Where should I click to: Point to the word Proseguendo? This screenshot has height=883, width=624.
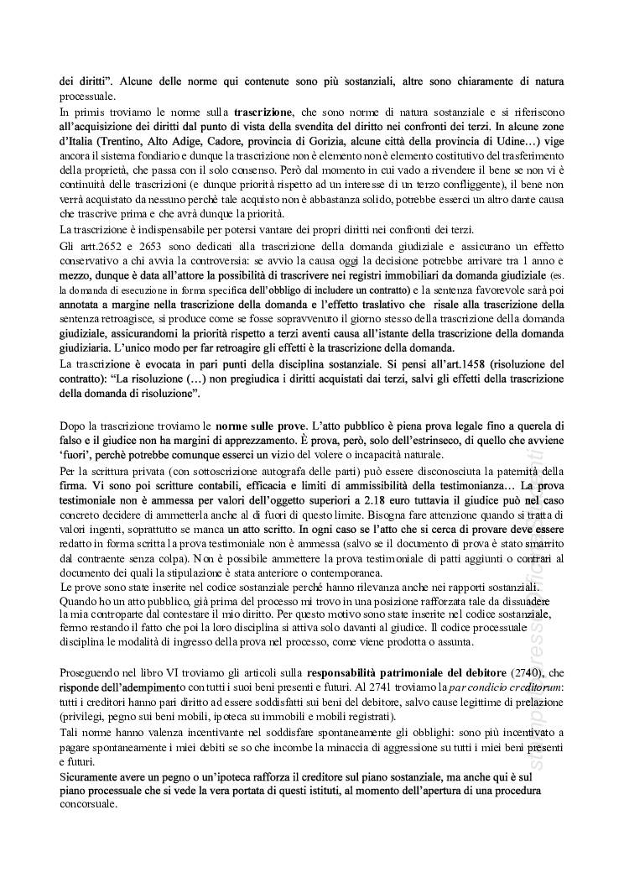tap(95, 673)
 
